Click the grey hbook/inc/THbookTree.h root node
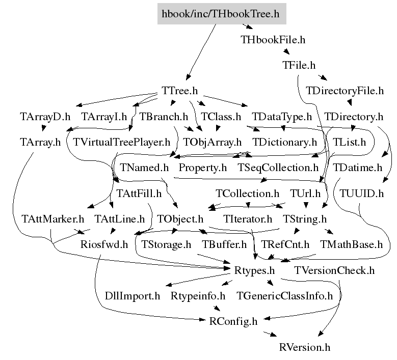click(x=221, y=14)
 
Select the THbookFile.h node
click(x=273, y=39)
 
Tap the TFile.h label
click(x=299, y=65)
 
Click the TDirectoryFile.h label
click(x=345, y=91)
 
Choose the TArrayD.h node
click(x=45, y=117)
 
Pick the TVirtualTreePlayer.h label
click(x=122, y=142)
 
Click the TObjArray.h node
click(x=212, y=142)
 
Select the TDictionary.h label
click(x=284, y=142)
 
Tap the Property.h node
click(x=203, y=168)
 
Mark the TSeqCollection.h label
click(x=278, y=168)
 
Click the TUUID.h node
click(x=361, y=193)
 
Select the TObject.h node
click(x=180, y=219)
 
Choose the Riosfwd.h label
click(x=104, y=245)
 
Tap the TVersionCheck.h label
click(x=334, y=270)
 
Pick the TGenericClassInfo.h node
click(x=284, y=296)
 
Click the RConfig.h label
click(x=234, y=321)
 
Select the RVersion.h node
click(x=305, y=347)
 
